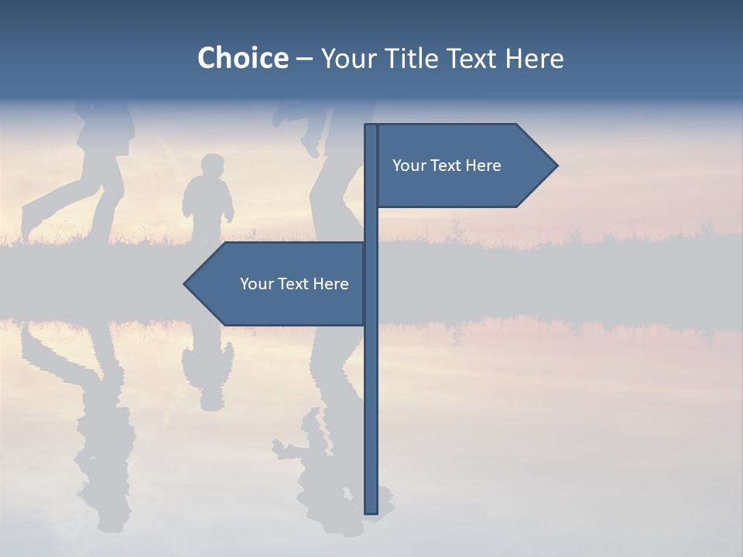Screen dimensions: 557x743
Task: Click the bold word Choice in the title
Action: pos(242,59)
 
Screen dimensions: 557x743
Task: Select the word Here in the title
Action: pos(534,59)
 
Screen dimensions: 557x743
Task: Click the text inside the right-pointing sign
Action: pos(447,166)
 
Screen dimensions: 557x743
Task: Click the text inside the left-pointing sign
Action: pos(294,284)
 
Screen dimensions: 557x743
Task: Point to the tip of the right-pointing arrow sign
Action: pos(556,165)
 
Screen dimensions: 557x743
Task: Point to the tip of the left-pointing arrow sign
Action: pos(186,284)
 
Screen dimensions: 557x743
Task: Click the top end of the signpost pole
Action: pos(371,126)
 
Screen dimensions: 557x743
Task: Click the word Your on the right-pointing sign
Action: pos(407,166)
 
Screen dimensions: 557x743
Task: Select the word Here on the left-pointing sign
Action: pos(330,284)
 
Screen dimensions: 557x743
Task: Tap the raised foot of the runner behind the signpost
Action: pos(310,143)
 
